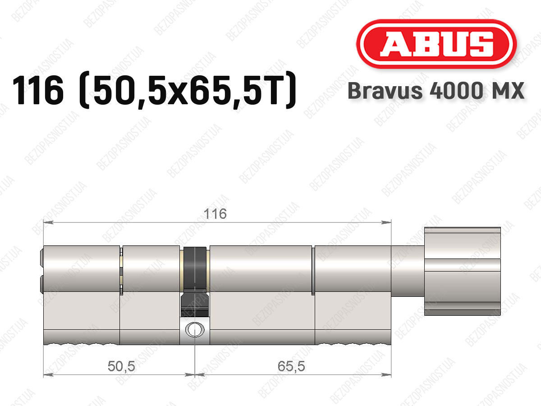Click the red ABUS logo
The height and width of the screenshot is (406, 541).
(x=436, y=44)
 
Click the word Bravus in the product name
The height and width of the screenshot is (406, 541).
(x=385, y=91)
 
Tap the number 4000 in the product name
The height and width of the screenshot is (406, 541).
(x=456, y=91)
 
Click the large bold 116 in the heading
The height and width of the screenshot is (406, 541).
(x=38, y=90)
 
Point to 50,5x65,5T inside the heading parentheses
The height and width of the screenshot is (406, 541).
(x=187, y=91)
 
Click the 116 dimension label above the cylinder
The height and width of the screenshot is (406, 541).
(x=215, y=214)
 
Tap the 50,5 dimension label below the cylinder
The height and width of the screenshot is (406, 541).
(x=121, y=366)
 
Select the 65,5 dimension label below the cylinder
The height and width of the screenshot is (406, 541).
(x=291, y=366)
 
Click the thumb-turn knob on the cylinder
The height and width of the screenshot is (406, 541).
(x=463, y=271)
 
